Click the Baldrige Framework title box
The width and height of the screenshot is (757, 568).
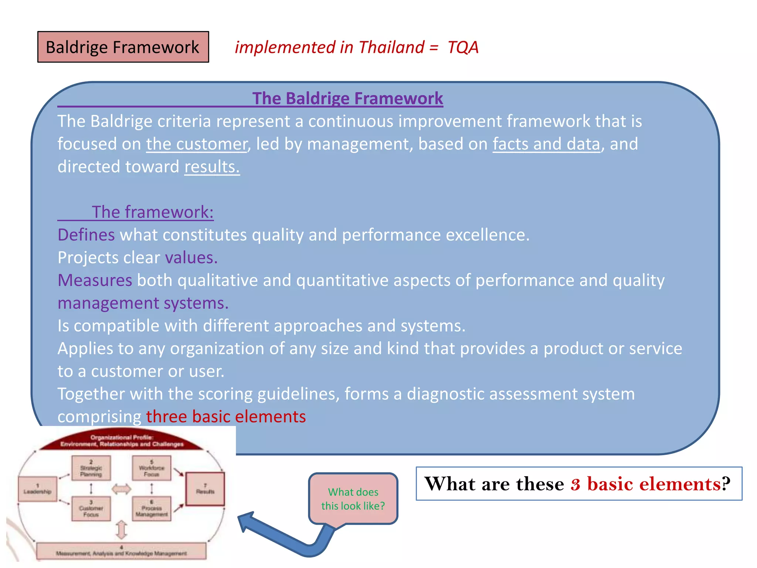coord(123,47)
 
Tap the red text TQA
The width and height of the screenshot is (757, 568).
coord(463,47)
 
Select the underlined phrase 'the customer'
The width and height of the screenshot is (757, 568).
coord(196,144)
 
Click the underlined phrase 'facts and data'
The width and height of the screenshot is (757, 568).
coord(546,144)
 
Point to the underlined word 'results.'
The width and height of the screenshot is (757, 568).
coord(212,167)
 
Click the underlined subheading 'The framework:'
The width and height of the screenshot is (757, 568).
coord(152,212)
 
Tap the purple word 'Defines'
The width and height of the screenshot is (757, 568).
coord(86,235)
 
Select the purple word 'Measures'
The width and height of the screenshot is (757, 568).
coord(95,280)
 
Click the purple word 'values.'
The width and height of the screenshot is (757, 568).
coord(191,258)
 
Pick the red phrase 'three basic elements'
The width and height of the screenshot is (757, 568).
coord(226,417)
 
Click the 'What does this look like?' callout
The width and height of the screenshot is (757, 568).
coord(353,498)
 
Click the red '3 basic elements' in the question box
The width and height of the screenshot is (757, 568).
coord(645,484)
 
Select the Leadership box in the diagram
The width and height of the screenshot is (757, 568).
coord(37,489)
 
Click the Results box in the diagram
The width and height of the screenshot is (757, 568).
coord(205,488)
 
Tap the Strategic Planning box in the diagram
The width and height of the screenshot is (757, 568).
coord(91,468)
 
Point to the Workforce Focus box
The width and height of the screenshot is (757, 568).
coord(152,468)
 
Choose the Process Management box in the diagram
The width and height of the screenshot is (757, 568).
coord(152,509)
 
